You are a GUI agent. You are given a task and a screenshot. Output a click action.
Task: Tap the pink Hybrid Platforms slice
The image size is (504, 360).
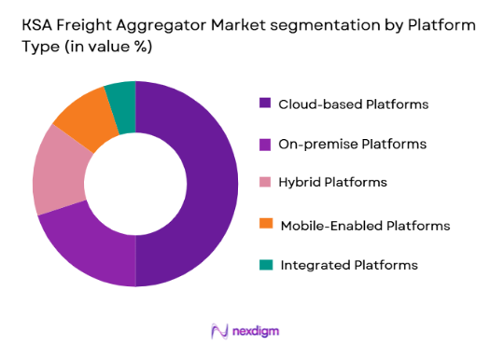click(55, 176)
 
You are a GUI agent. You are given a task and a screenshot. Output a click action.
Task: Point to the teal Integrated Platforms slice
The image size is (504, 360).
click(121, 95)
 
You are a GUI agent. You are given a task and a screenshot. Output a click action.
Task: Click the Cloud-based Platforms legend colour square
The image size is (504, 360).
click(265, 104)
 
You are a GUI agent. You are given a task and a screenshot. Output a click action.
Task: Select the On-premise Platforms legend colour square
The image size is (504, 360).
click(265, 144)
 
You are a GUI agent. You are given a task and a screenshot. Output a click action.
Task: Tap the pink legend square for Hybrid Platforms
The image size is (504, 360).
click(265, 184)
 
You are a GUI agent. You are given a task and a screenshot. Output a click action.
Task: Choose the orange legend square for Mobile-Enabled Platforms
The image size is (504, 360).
click(265, 225)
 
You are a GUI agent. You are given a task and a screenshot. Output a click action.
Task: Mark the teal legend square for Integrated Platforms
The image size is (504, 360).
click(265, 265)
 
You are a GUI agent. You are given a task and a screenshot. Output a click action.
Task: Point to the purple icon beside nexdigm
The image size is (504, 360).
click(220, 331)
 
